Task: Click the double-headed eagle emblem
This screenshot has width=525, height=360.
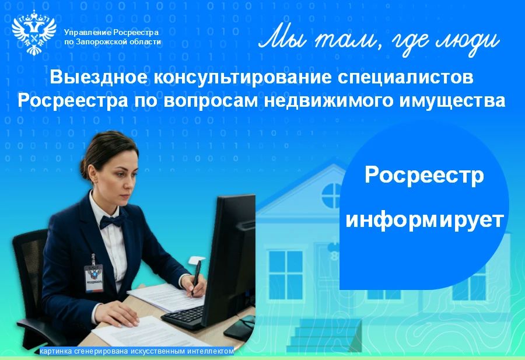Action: click(34, 33)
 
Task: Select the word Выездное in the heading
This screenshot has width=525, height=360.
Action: click(99, 78)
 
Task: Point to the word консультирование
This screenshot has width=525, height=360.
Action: click(243, 78)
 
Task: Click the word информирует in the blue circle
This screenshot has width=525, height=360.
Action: click(425, 221)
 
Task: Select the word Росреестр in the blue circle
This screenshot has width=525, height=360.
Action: click(424, 176)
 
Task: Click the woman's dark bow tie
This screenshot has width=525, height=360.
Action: click(111, 221)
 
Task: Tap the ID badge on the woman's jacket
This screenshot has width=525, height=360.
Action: click(94, 277)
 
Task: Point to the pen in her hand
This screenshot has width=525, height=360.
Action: click(196, 278)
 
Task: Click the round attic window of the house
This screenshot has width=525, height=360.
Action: click(331, 196)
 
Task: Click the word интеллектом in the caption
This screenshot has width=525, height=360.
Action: click(211, 351)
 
